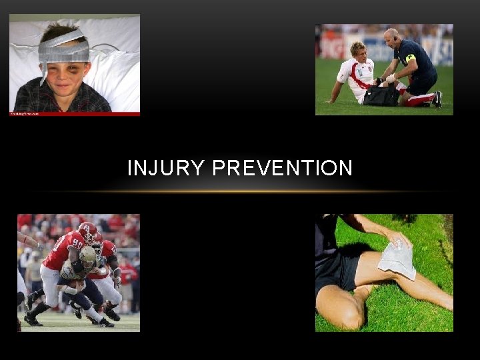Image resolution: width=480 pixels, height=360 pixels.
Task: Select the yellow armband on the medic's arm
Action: [x=410, y=59]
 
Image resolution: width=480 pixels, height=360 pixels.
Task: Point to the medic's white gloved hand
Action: [x=390, y=78]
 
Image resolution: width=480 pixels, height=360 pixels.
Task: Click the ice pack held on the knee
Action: [x=397, y=259]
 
